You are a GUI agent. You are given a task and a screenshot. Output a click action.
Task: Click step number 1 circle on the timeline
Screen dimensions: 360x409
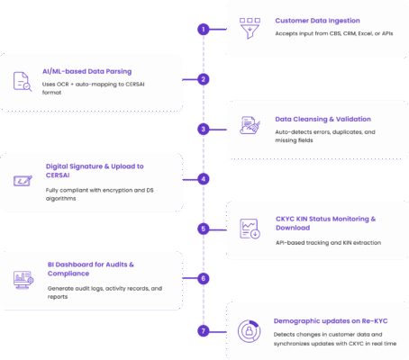204,29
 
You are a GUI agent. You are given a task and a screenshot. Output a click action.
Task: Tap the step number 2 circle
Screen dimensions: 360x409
204,79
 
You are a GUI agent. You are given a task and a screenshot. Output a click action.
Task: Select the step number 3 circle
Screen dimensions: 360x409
204,129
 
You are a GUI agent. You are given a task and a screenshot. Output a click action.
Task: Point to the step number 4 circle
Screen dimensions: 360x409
204,178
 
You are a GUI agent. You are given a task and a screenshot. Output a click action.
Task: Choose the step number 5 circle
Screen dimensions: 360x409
204,229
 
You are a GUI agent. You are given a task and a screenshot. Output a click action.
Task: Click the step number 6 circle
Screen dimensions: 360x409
204,278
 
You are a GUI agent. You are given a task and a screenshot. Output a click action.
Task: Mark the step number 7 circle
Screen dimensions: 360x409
204,330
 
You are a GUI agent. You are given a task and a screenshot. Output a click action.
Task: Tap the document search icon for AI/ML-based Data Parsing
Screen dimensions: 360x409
22,81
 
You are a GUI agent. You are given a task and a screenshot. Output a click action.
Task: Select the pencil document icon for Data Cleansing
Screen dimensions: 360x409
249,126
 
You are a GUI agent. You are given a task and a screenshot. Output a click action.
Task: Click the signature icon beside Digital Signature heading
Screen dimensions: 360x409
22,181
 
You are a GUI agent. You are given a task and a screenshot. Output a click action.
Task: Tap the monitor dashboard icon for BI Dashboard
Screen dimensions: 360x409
22,280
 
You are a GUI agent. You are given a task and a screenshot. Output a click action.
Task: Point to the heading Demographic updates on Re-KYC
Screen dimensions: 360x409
330,319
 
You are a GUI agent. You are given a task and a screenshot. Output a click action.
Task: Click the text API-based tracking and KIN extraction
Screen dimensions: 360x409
329,242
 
